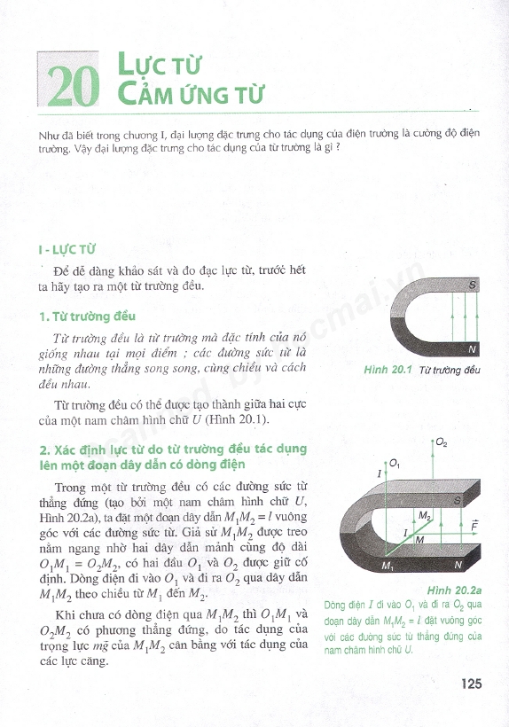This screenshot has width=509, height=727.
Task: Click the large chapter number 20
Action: [x=73, y=86]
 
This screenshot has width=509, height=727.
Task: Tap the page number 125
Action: [x=471, y=684]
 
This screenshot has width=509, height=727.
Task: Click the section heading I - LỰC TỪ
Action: [x=67, y=249]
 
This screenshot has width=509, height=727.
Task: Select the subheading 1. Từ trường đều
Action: [x=87, y=317]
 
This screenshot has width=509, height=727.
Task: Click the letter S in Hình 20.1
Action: [x=472, y=285]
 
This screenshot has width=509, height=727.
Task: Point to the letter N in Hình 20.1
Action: [x=472, y=349]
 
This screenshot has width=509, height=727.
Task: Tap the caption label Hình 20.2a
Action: [x=454, y=590]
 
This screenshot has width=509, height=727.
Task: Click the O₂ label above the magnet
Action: [x=442, y=443]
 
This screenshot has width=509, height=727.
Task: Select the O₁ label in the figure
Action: [x=395, y=463]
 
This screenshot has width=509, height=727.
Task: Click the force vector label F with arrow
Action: [x=474, y=526]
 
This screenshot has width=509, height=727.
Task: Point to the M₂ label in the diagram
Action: [x=425, y=516]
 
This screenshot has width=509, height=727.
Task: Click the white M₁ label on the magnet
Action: [x=388, y=566]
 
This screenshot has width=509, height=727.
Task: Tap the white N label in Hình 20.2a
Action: [x=458, y=564]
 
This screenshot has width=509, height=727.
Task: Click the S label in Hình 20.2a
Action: [x=457, y=500]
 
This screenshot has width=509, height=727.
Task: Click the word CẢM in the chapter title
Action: [x=142, y=93]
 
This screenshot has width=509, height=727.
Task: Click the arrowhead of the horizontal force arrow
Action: [x=474, y=534]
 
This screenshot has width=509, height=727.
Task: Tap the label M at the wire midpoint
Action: [x=420, y=539]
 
